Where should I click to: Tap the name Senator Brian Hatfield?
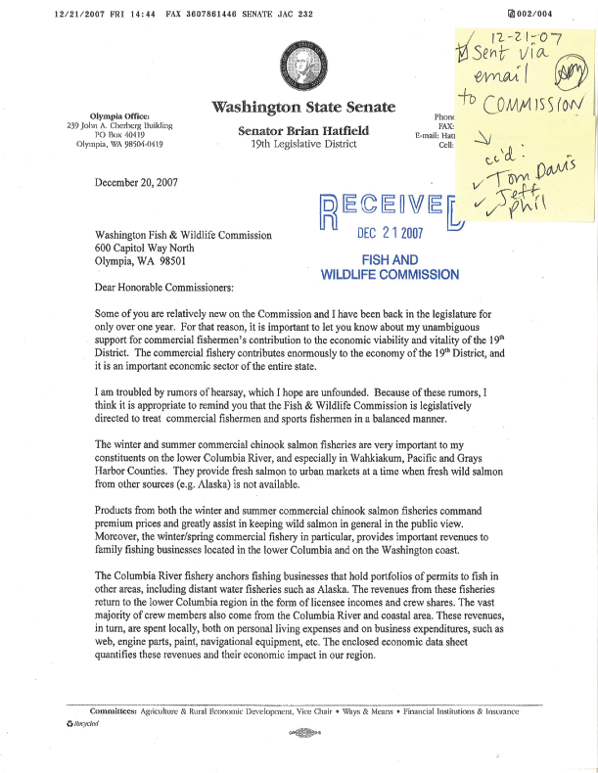[297, 129]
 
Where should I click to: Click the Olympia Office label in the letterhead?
[118, 115]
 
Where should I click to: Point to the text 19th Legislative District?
[297, 143]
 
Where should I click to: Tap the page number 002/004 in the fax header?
[563, 13]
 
